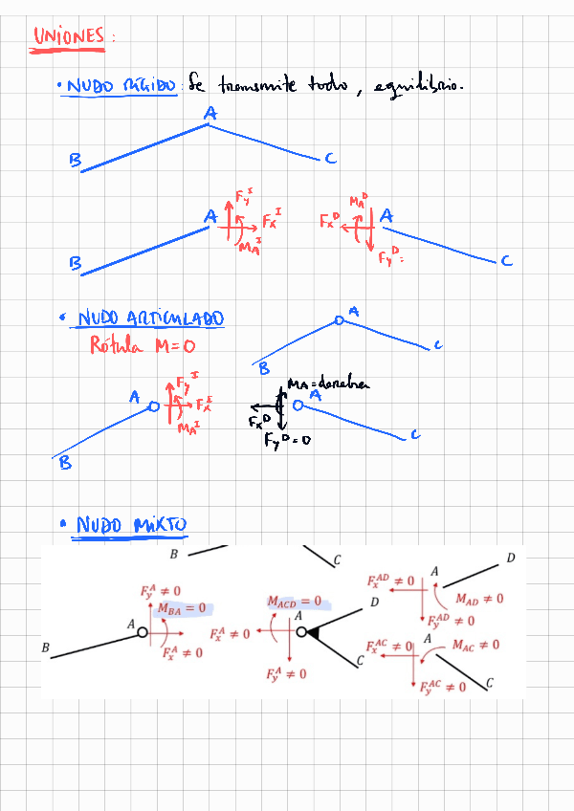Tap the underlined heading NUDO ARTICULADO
click(150, 319)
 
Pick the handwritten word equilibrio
click(420, 87)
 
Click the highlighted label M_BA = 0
click(183, 607)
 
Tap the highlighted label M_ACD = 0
click(295, 603)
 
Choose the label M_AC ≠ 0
click(475, 646)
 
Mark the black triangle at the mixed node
click(312, 631)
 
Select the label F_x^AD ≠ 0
click(390, 581)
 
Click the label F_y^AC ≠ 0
click(443, 687)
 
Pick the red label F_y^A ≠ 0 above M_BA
click(160, 592)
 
